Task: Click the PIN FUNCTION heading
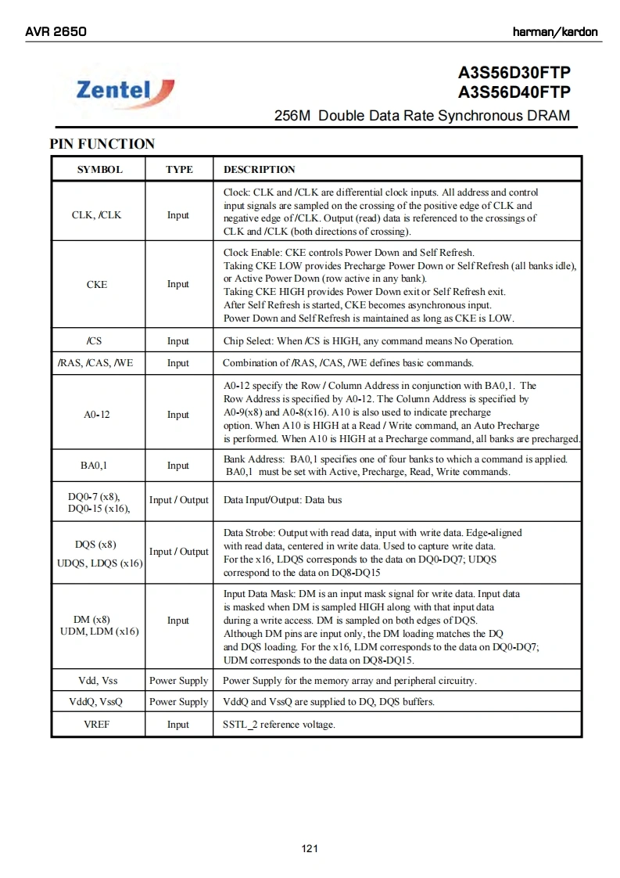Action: click(102, 144)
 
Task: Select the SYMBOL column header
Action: click(99, 170)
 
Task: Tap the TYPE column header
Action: click(179, 170)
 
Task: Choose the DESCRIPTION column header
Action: click(260, 170)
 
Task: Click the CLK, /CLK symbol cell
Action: click(97, 215)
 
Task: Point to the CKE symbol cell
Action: click(97, 285)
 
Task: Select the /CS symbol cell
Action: click(95, 341)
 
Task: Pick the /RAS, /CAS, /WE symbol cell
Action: click(96, 363)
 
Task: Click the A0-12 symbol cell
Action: click(97, 415)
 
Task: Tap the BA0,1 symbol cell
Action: click(94, 466)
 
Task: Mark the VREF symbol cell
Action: click(97, 725)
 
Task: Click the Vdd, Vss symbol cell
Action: click(98, 681)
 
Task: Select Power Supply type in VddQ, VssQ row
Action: click(179, 702)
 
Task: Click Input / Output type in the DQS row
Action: click(179, 552)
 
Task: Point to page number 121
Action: click(310, 849)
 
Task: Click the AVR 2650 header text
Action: click(56, 32)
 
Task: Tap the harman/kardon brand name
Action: click(555, 32)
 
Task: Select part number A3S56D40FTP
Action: click(514, 92)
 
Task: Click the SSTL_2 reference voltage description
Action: click(279, 725)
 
